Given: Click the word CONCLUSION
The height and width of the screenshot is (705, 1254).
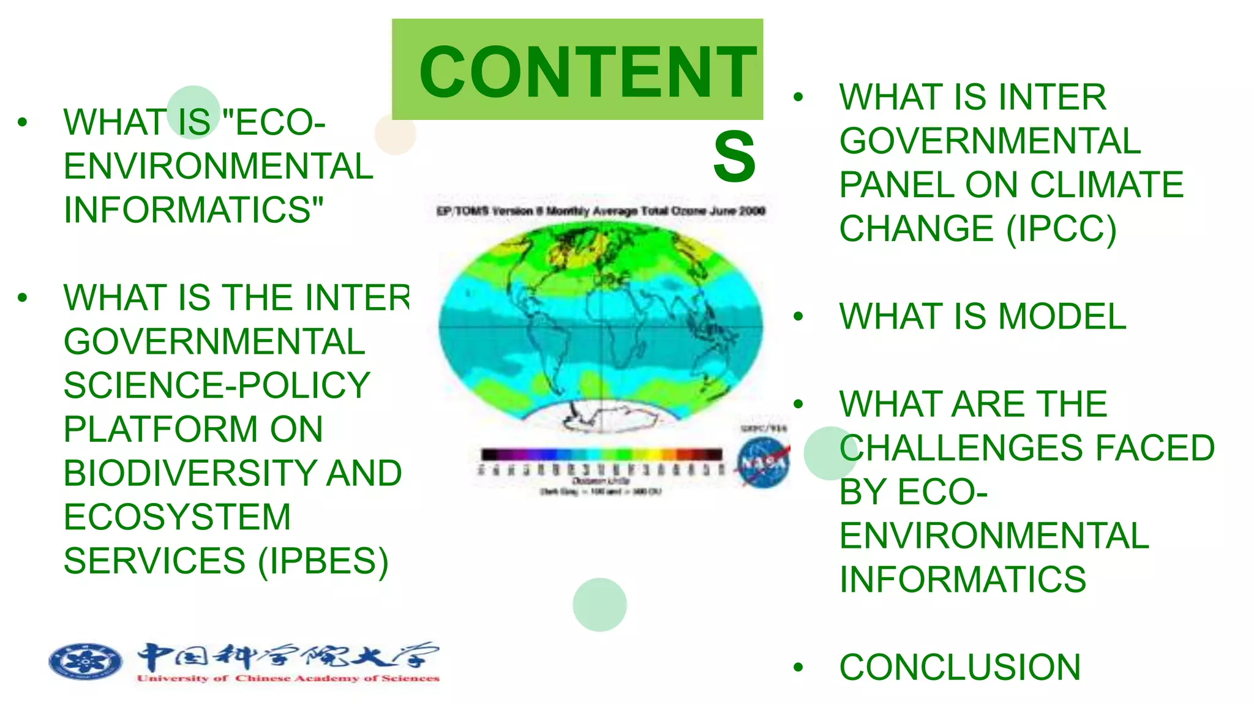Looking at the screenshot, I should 959,667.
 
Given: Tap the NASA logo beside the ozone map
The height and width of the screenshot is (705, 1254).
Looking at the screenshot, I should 763,463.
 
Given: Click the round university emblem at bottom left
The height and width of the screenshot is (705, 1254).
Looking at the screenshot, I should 85,662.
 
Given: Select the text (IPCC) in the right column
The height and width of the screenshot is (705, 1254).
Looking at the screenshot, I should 1062,229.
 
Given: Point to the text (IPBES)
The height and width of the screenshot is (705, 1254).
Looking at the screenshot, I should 323,561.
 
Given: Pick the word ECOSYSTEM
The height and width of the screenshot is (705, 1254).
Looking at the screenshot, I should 177,517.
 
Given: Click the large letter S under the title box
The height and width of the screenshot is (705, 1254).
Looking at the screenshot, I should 734,157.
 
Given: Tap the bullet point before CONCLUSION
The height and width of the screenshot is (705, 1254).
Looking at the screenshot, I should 798,667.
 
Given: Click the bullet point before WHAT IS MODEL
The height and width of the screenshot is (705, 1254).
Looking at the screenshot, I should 798,316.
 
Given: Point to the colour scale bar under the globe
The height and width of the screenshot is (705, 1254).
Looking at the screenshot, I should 601,454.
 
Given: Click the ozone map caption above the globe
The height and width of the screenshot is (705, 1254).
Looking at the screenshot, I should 600,211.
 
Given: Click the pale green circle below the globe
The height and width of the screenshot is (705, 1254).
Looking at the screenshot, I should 599,605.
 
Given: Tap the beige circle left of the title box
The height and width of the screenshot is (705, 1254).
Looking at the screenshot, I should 395,134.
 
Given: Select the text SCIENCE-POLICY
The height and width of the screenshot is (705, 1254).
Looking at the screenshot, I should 217,385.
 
